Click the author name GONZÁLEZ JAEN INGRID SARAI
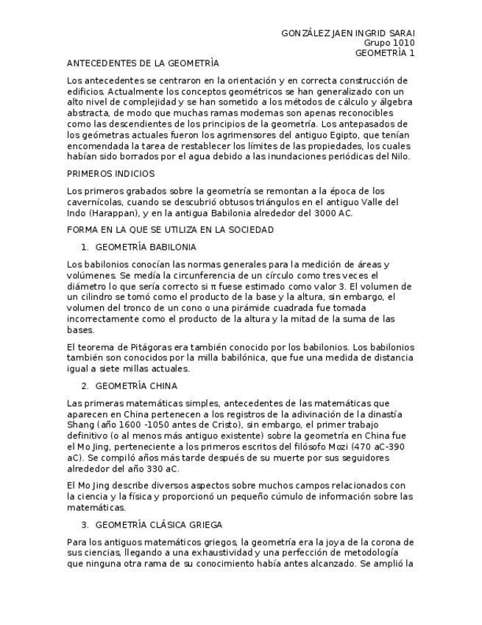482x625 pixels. [348, 33]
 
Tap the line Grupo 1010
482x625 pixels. [389, 43]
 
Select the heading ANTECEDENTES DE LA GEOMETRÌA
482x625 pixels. [143, 63]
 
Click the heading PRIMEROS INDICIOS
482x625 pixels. [110, 174]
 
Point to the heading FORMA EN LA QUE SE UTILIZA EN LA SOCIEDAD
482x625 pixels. [170, 230]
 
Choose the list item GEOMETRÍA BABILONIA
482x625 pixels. [146, 247]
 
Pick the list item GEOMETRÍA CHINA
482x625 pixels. [136, 385]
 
